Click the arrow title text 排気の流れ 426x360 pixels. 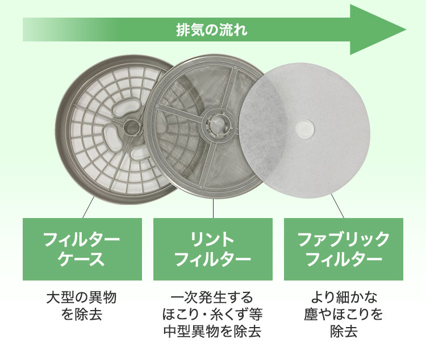pyautogui.click(x=212, y=30)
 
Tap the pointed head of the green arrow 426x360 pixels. pyautogui.click(x=406, y=30)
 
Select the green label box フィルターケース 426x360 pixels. pyautogui.click(x=82, y=249)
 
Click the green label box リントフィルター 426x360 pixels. pyautogui.click(x=213, y=249)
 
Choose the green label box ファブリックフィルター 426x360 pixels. pyautogui.click(x=344, y=249)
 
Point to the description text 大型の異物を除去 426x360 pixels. pyautogui.click(x=81, y=305)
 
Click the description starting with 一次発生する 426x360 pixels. pyautogui.click(x=212, y=314)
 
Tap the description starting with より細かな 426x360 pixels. pyautogui.click(x=344, y=314)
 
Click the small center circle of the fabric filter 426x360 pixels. pyautogui.click(x=304, y=128)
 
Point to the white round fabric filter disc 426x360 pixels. pyautogui.click(x=304, y=131)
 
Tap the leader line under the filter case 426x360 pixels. pyautogui.click(x=89, y=207)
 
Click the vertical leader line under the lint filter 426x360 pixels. pyautogui.click(x=213, y=208)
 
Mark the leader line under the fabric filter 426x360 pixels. pyautogui.click(x=338, y=206)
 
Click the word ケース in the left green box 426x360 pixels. pyautogui.click(x=81, y=259)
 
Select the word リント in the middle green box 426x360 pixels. pyautogui.click(x=212, y=240)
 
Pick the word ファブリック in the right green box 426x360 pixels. pyautogui.click(x=344, y=240)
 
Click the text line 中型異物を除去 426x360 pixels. pyautogui.click(x=212, y=331)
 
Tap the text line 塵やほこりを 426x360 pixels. pyautogui.click(x=344, y=314)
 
